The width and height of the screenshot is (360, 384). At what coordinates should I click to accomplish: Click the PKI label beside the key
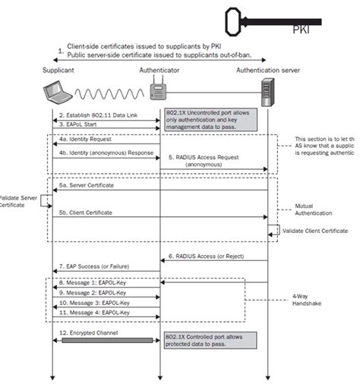tap(302, 31)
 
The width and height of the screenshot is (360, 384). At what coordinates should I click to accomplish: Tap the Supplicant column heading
tap(59, 69)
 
